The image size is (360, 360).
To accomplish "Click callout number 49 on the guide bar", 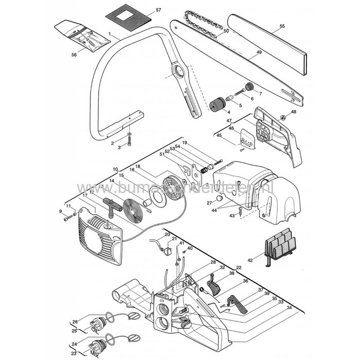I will click(259, 52).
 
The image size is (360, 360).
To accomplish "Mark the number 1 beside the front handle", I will click(110, 33).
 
